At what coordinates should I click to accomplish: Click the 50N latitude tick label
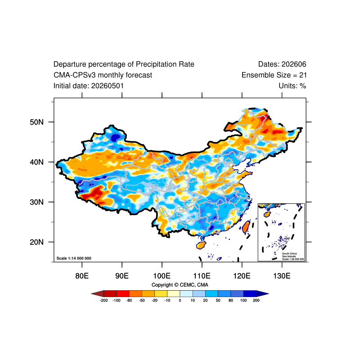[36, 122]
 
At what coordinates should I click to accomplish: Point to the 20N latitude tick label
[36, 242]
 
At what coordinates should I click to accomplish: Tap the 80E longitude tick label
[82, 276]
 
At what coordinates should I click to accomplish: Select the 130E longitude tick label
[282, 276]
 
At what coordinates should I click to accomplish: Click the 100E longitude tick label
[162, 276]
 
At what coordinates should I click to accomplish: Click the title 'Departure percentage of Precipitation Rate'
[124, 64]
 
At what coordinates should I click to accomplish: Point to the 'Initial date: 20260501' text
[89, 86]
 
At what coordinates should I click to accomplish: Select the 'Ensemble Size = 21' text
[274, 75]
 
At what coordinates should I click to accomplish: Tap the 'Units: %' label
[292, 86]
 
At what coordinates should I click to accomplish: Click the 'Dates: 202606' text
[282, 64]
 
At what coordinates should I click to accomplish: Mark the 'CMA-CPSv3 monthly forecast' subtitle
[103, 75]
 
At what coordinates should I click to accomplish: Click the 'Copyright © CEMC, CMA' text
[180, 285]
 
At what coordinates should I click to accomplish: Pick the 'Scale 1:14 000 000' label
[74, 258]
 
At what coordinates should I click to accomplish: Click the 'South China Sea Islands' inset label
[289, 255]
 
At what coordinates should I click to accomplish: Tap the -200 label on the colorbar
[104, 300]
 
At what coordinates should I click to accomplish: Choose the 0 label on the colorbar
[180, 300]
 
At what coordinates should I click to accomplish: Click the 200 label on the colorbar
[256, 300]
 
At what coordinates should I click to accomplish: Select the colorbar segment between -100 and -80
[123, 294]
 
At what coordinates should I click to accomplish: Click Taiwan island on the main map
[246, 227]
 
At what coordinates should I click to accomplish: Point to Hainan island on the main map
[201, 245]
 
